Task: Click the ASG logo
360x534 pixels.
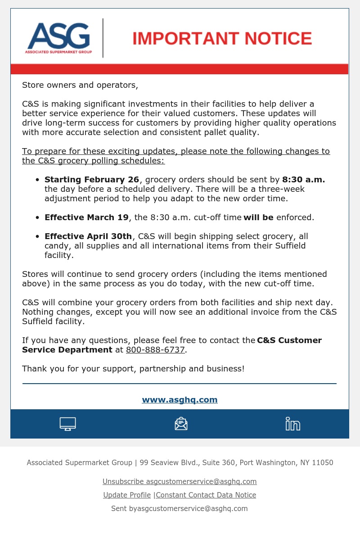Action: click(58, 38)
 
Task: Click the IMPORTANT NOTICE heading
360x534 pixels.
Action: click(222, 39)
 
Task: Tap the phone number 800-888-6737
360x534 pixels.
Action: click(155, 350)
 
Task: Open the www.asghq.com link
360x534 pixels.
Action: click(180, 400)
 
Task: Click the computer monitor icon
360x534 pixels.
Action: click(67, 424)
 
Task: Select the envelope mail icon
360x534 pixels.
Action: click(181, 424)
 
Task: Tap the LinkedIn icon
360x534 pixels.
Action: click(292, 424)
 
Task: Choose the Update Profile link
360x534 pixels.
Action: click(127, 495)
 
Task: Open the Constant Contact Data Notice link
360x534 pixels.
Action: click(206, 495)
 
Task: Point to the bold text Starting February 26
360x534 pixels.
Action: click(92, 180)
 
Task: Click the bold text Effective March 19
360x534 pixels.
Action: click(86, 217)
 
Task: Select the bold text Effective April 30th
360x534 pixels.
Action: click(88, 236)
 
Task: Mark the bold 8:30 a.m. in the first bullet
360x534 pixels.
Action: click(303, 180)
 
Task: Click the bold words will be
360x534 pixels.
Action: click(258, 217)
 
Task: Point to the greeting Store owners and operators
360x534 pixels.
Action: click(80, 85)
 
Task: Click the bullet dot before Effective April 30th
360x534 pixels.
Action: click(38, 237)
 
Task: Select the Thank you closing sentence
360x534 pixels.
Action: click(133, 369)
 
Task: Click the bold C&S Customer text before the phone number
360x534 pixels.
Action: click(289, 340)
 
